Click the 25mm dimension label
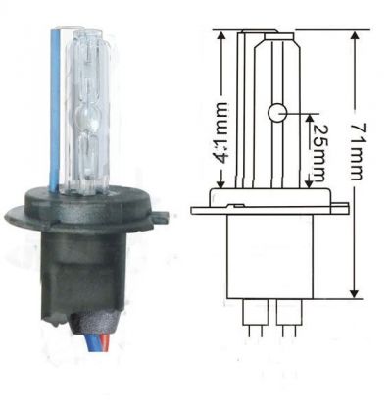tap(318, 152)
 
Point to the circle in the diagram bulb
tap(277, 113)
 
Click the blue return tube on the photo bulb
tap(55, 110)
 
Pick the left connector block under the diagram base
tap(256, 312)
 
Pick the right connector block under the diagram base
tap(289, 312)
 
